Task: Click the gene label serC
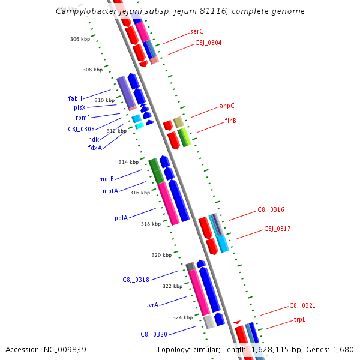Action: point(197,31)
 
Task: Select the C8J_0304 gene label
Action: point(208,43)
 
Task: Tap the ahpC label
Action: point(227,106)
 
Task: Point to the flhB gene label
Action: point(230,121)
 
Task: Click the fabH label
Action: point(75,98)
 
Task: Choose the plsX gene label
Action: point(80,107)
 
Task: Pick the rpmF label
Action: point(83,118)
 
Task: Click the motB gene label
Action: point(106,179)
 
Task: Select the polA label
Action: point(121,218)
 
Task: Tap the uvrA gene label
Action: point(152,305)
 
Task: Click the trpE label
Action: point(299,320)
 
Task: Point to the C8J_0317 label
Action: point(277,229)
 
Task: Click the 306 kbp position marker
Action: point(80,39)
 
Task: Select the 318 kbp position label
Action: point(151,224)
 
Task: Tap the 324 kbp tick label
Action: point(182,317)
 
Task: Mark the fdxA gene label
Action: point(95,148)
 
